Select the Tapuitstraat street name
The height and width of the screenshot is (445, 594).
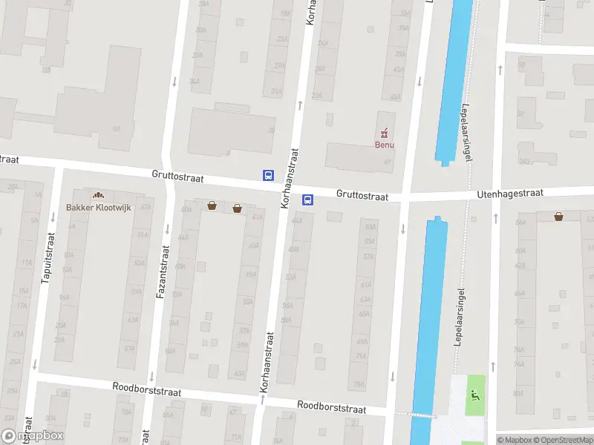click(x=48, y=257)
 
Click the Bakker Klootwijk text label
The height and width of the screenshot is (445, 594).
click(x=98, y=208)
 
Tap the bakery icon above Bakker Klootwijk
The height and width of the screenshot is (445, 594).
click(x=97, y=196)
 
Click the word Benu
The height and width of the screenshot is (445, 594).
click(x=384, y=145)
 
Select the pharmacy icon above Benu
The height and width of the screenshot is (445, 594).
click(x=384, y=133)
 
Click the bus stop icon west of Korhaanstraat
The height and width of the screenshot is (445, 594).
click(x=268, y=176)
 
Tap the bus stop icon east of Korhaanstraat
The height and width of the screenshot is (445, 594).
click(x=307, y=200)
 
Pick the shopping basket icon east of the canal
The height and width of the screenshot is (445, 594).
click(x=558, y=217)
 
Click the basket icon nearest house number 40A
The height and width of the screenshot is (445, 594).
click(x=212, y=205)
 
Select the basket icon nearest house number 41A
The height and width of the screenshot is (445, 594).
click(x=237, y=208)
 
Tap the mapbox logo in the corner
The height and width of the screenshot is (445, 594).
click(x=33, y=435)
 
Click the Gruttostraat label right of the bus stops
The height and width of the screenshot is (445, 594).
click(x=362, y=195)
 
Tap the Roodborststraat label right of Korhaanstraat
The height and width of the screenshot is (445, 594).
click(x=332, y=406)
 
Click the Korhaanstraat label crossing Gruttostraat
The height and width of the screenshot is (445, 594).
click(x=289, y=177)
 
